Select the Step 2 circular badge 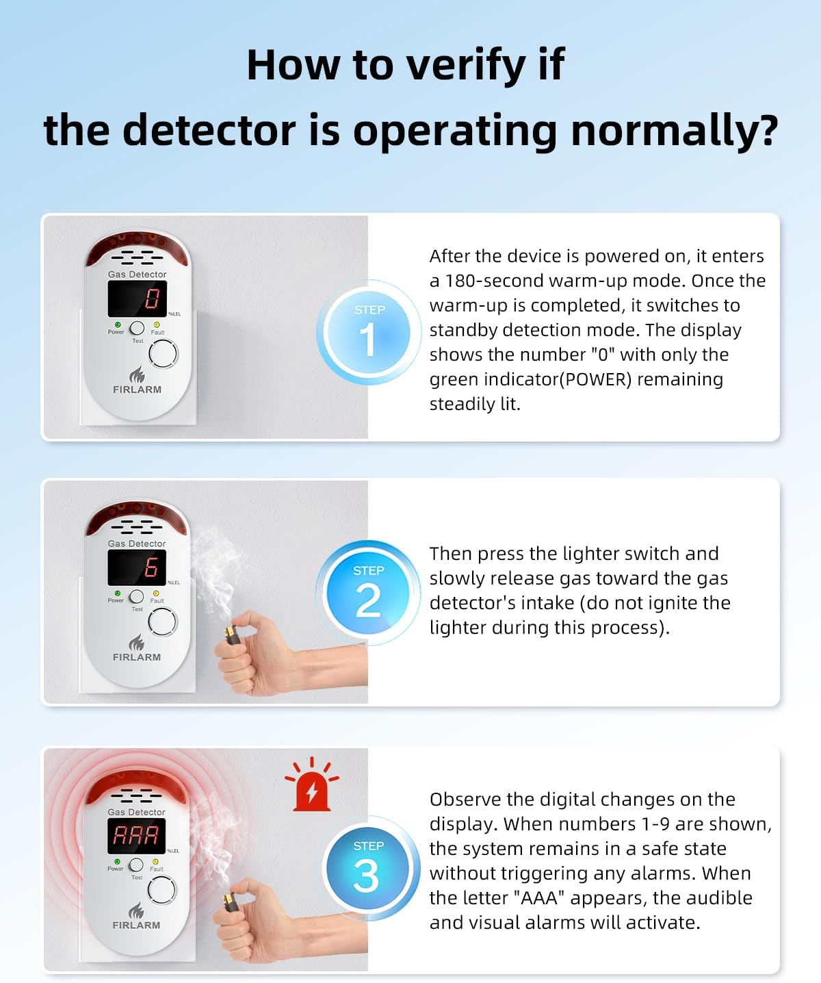coord(369,593)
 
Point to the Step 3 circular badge coord(367,869)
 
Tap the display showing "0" coord(138,298)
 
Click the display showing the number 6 coord(138,567)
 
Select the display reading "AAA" coord(136,835)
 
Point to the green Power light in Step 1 coord(118,324)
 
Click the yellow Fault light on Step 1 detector coord(157,324)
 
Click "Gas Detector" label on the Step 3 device coord(136,813)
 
